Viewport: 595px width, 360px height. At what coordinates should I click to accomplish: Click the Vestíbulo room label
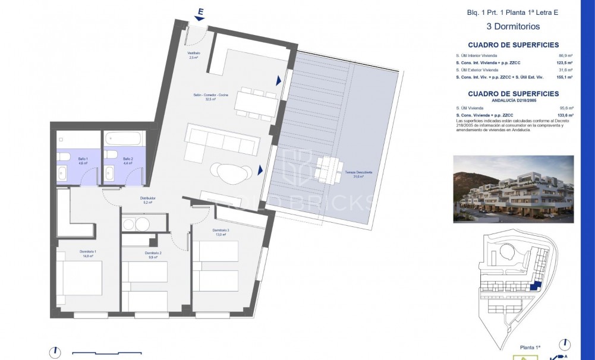194,55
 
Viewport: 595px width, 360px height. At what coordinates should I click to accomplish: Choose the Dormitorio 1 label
88,254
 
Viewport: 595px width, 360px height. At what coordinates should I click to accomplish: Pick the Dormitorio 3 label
221,232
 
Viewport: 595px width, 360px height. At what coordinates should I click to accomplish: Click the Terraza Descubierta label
358,174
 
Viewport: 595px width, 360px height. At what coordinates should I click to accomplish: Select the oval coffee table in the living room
231,173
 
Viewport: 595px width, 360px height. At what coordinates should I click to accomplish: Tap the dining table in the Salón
256,103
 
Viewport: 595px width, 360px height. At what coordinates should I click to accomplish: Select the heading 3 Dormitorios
512,27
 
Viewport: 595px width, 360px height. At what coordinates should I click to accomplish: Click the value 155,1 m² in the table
565,77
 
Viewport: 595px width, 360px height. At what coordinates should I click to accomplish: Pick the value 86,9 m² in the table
565,56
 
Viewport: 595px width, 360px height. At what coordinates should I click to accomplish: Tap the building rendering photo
513,189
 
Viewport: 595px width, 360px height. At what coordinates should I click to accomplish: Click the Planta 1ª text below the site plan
530,347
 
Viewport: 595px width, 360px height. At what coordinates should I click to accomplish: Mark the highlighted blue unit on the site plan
536,286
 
